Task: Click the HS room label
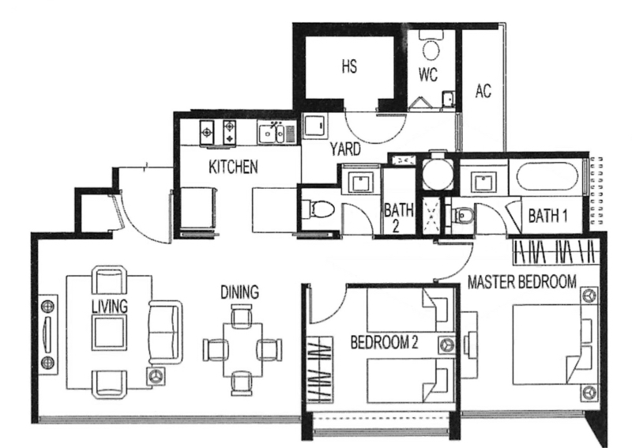[349, 66]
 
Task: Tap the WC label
[428, 74]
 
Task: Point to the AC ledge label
[483, 91]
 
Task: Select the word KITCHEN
[233, 167]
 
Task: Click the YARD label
[345, 149]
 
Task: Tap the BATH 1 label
[547, 216]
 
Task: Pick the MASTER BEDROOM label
[522, 281]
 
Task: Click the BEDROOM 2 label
[384, 342]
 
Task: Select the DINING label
[240, 292]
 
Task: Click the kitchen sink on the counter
[271, 132]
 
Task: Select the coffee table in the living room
[109, 333]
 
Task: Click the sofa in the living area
[165, 332]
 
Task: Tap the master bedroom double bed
[555, 344]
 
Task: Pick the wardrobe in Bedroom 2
[320, 370]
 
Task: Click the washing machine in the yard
[314, 126]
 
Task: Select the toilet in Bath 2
[318, 209]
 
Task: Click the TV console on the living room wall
[48, 335]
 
